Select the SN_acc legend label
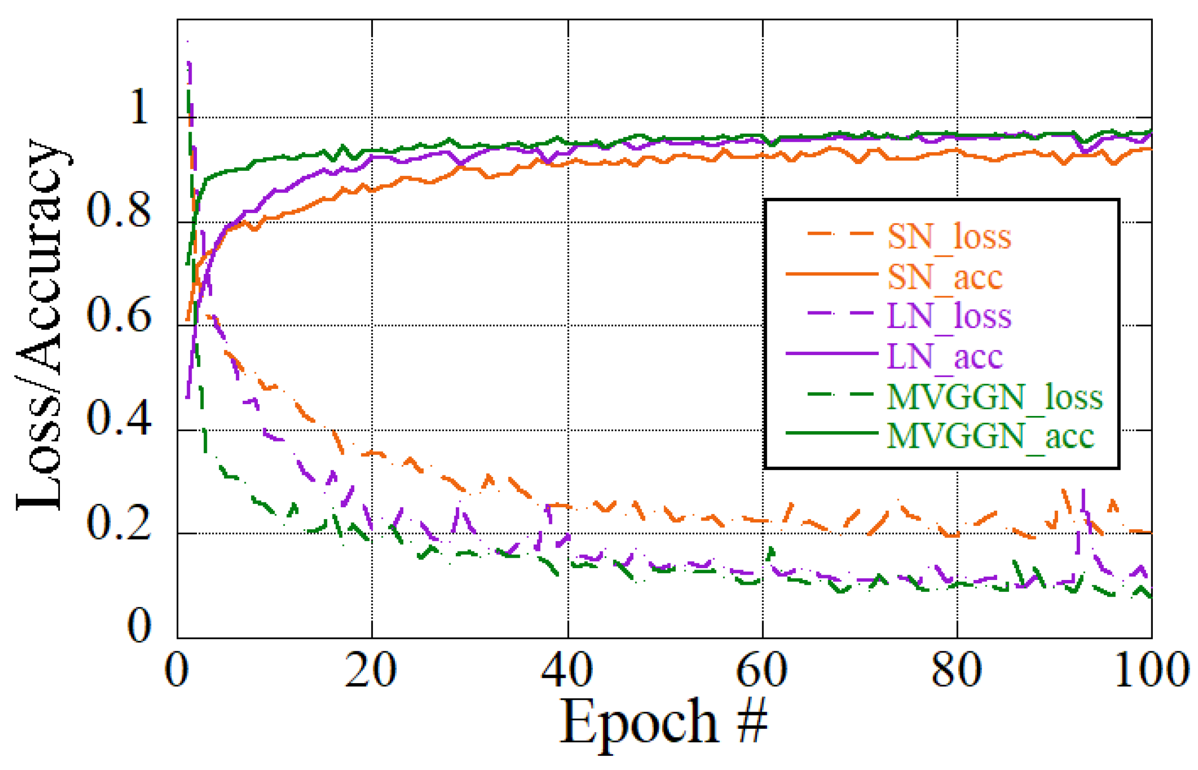pyautogui.click(x=944, y=276)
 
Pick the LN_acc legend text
pyautogui.click(x=944, y=356)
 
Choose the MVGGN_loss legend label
pyautogui.click(x=994, y=397)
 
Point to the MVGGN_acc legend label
pyautogui.click(x=990, y=436)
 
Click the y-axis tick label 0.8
pyautogui.click(x=118, y=210)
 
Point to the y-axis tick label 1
pyautogui.click(x=139, y=106)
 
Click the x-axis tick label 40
pyautogui.click(x=567, y=670)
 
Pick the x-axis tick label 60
pyautogui.click(x=761, y=670)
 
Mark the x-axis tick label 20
pyautogui.click(x=371, y=670)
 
